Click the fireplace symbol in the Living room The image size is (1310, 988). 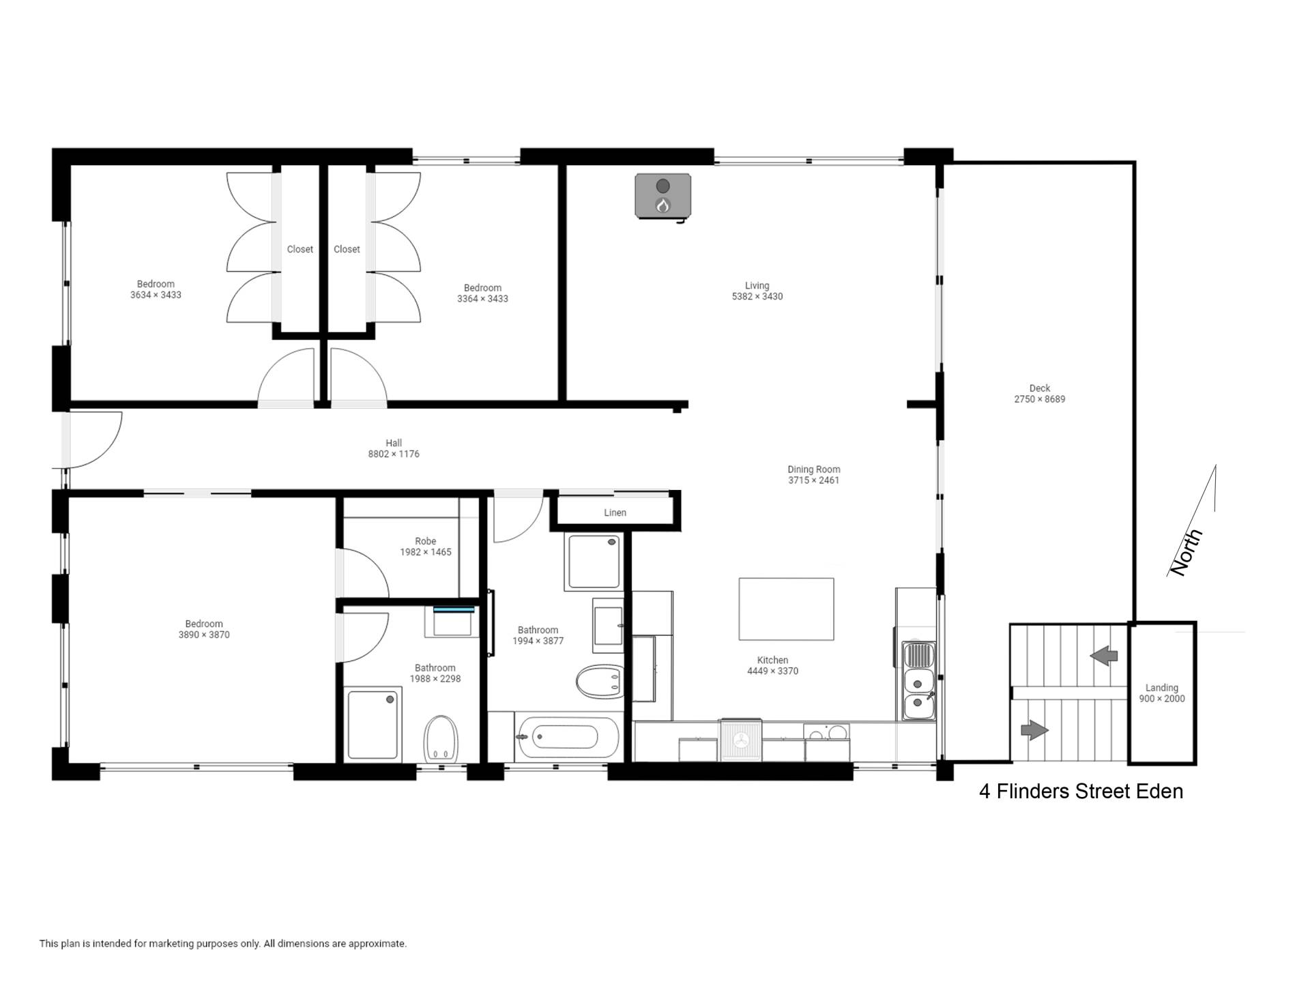point(663,197)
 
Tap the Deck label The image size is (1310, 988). point(1039,388)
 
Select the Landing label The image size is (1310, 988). point(1161,688)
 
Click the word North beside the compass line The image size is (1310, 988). point(1186,552)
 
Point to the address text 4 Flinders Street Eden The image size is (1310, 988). point(1081,791)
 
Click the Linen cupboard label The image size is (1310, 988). point(615,512)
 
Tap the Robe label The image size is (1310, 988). point(425,541)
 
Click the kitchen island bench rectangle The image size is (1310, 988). point(786,609)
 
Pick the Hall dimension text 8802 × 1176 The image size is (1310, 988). point(394,454)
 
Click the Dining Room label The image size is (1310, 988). point(813,469)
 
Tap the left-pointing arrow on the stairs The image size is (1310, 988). point(1104,656)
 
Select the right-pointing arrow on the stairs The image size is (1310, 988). point(1034,730)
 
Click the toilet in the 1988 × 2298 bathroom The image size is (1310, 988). point(441,739)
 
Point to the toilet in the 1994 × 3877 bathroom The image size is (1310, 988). point(600,682)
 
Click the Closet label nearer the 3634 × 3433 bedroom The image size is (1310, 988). point(300,249)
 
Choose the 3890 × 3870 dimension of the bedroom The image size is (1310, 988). point(204,635)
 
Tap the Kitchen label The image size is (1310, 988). point(772,660)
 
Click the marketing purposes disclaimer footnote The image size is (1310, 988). point(222,944)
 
